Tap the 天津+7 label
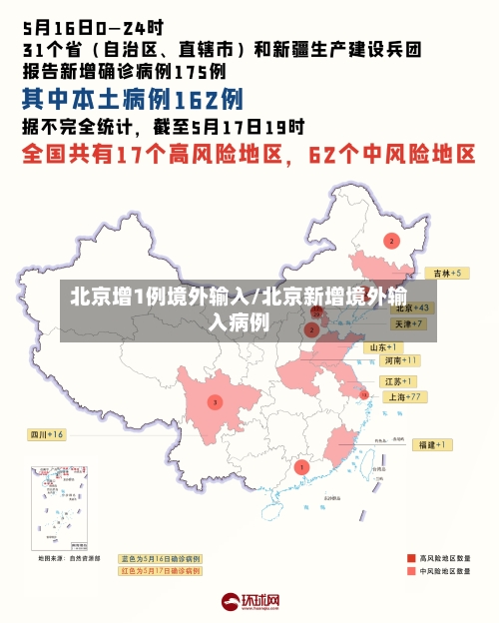click(409, 324)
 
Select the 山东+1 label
click(384, 346)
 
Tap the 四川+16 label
click(46, 434)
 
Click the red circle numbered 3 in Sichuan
click(215, 402)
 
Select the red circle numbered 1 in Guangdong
click(302, 466)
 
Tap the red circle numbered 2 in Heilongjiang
click(391, 241)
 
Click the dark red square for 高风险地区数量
click(411, 558)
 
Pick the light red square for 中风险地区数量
click(411, 571)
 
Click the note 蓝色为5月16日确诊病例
click(161, 558)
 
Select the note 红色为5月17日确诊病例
click(161, 571)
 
